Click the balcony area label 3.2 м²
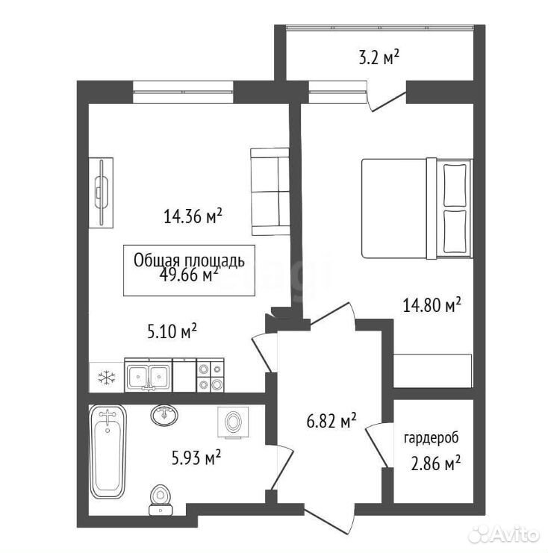379,57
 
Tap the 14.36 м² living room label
193,216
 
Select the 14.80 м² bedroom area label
432,305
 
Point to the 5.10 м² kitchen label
172,331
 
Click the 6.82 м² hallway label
331,421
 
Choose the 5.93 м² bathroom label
196,457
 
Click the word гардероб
432,438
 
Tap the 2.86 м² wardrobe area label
436,463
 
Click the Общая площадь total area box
189,270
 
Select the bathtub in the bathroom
108,452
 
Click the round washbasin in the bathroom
164,415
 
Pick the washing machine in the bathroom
233,422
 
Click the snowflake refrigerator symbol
106,378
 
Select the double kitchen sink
149,375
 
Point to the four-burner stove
210,375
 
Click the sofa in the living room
270,192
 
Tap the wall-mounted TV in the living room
101,193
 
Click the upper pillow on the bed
455,185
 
